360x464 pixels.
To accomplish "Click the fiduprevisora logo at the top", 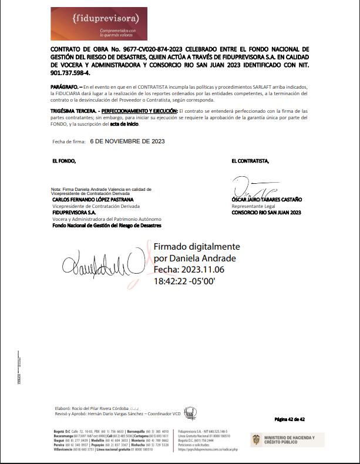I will pos(99,23).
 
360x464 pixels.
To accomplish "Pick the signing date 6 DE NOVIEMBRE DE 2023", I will pos(127,142).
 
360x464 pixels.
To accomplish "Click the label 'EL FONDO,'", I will pos(64,160).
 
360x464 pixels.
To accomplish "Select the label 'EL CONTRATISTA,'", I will pos(250,160).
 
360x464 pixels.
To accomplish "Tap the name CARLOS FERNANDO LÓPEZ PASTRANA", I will pos(92,199).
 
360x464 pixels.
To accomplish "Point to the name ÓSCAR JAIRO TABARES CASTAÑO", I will pos(267,200).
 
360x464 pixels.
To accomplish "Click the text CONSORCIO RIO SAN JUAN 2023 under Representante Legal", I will pos(266,213).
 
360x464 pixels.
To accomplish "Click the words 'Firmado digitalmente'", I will pos(197,247).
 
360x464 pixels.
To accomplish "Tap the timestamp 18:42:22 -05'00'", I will pos(184,281).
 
